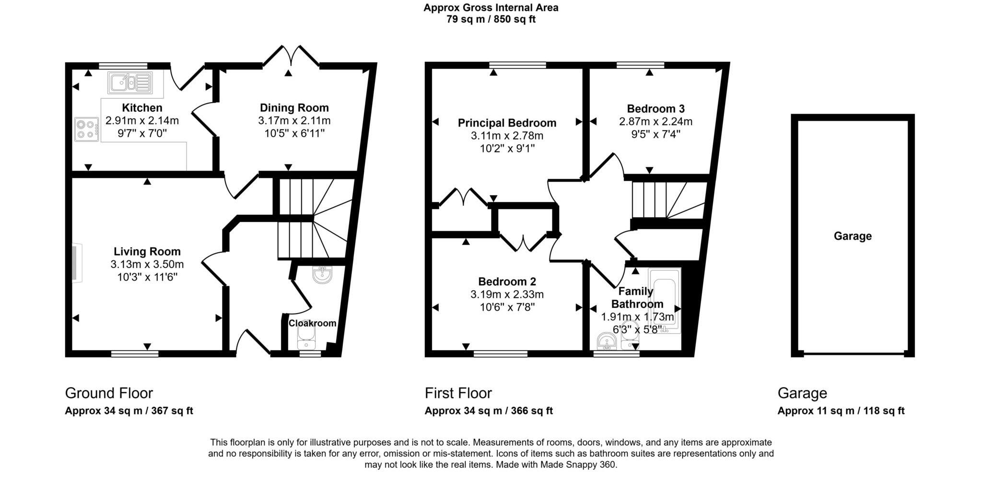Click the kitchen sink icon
[x=130, y=82]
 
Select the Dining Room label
[x=294, y=108]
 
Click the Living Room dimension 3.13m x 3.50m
[x=147, y=264]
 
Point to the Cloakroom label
[x=312, y=323]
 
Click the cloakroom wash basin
[x=322, y=275]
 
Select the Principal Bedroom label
[x=507, y=123]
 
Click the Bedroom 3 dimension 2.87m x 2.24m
[x=655, y=122]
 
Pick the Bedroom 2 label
[x=507, y=282]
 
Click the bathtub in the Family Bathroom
[x=664, y=300]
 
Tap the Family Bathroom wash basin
[x=607, y=342]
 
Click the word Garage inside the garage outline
[x=852, y=236]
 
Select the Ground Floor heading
[x=109, y=393]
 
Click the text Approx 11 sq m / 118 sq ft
[x=841, y=411]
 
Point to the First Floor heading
[x=458, y=393]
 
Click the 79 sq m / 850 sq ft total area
[x=491, y=20]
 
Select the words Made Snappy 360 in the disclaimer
[x=578, y=465]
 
